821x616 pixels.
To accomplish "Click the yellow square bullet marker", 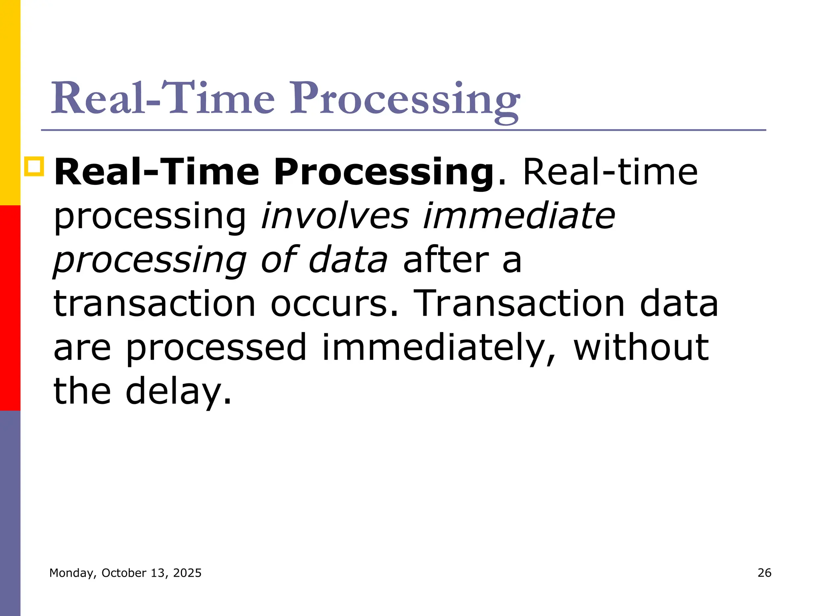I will point(34,167).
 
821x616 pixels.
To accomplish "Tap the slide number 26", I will point(764,573).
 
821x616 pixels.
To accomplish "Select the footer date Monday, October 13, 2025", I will point(125,573).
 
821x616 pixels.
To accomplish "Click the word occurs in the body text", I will point(335,304).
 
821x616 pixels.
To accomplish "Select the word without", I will point(641,347).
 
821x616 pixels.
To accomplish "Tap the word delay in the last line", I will point(178,391).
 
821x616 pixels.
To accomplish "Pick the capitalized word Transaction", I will point(519,304).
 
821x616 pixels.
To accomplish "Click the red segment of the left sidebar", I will point(10,308).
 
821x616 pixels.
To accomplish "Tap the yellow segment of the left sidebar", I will point(10,102).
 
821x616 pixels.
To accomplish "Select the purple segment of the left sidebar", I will point(10,513).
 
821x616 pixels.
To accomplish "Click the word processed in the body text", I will point(216,347).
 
